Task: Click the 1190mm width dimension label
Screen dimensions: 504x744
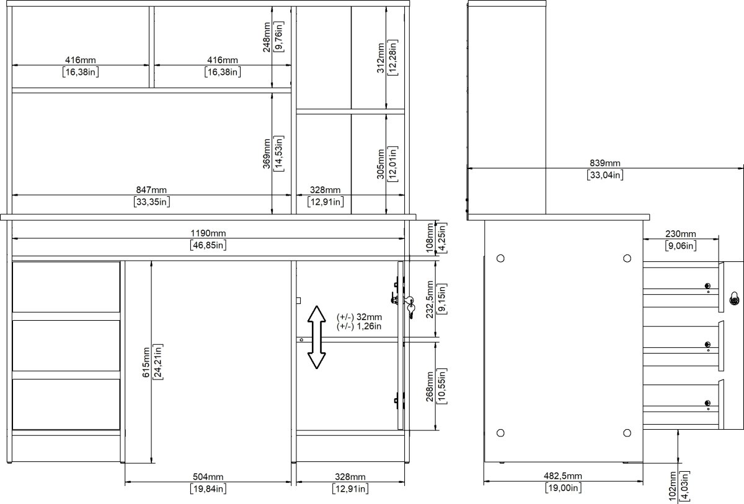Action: click(208, 233)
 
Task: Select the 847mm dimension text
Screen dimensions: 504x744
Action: click(151, 190)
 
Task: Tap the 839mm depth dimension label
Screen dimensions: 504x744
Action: click(604, 163)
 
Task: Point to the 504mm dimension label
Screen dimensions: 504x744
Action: click(208, 477)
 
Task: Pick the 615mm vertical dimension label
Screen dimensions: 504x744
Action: click(146, 362)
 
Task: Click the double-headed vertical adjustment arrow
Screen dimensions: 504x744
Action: click(317, 337)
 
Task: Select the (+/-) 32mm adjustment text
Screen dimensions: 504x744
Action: click(359, 316)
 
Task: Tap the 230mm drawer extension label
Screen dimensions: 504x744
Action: click(680, 234)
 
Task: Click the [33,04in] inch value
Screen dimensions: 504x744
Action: click(604, 175)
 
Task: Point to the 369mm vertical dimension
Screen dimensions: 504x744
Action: click(267, 152)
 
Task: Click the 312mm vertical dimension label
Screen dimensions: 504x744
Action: click(381, 57)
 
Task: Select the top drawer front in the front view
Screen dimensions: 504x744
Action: click(66, 287)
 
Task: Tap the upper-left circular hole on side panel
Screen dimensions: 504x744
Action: click(501, 257)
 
